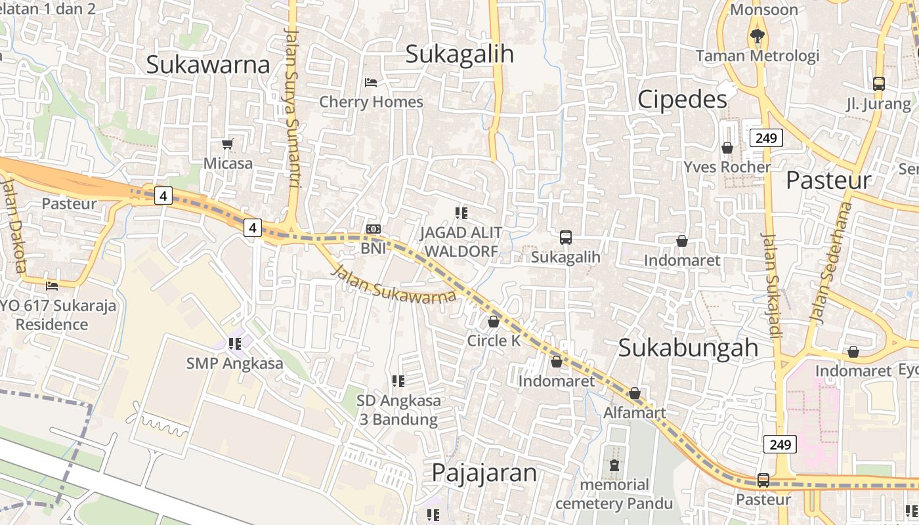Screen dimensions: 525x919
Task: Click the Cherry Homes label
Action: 371,102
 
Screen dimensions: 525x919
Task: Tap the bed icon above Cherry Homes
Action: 371,83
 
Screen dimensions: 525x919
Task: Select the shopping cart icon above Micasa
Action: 228,144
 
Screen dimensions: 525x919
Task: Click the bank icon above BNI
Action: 374,229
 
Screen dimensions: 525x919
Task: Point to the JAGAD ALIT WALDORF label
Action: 461,241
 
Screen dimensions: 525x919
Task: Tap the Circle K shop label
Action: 493,341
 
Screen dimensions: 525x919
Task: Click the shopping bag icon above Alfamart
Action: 635,393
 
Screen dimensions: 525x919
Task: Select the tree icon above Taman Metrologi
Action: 758,36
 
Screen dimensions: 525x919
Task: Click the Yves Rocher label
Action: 727,167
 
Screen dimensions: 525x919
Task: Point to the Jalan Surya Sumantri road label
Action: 293,108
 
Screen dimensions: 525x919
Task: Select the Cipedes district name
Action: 683,99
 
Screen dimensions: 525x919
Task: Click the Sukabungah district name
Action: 689,348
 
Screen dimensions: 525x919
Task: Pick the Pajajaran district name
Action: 484,472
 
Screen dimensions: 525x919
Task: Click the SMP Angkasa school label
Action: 235,363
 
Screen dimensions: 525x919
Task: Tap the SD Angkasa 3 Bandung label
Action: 398,409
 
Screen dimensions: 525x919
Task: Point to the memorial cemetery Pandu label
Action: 614,494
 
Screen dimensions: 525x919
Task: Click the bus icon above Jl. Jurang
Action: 879,84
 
